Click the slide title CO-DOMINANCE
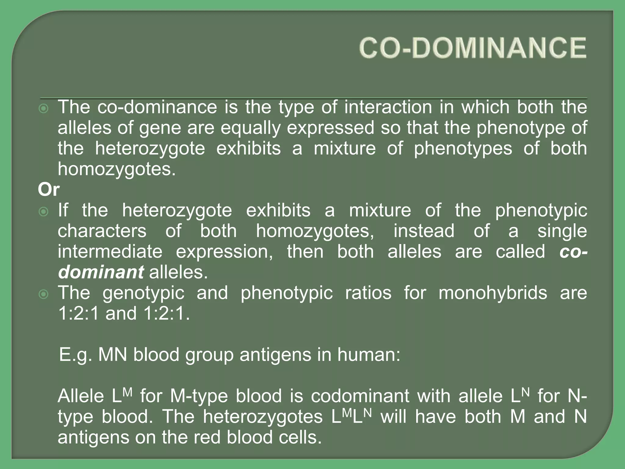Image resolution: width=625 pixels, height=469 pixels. tap(472, 48)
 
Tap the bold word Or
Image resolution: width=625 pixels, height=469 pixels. tap(49, 190)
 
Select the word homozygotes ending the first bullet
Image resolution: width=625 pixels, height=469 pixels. tap(116, 169)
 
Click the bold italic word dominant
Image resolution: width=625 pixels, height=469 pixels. tap(101, 272)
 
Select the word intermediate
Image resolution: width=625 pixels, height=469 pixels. tap(110, 252)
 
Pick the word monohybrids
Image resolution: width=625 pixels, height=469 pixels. tap(493, 293)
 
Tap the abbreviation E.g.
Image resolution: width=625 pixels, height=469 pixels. tap(75, 355)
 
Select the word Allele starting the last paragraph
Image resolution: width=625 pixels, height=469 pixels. tap(81, 396)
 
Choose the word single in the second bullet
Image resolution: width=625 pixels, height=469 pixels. tap(562, 231)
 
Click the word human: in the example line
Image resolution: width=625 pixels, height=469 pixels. tap(369, 355)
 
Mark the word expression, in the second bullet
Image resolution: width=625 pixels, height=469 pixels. tap(224, 252)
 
